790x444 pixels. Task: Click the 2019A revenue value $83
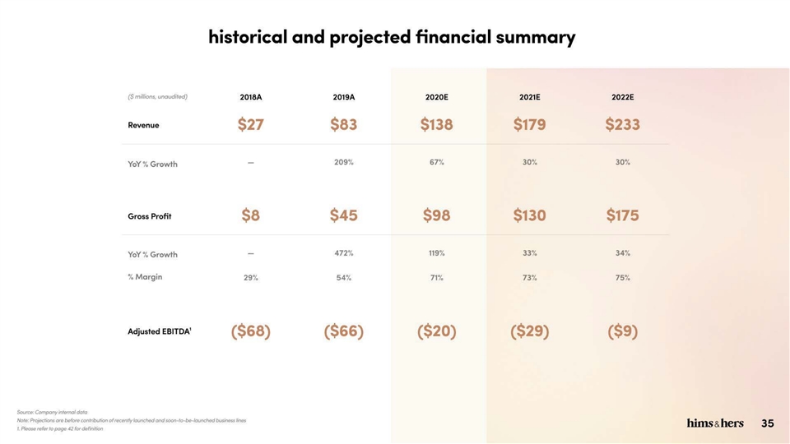(344, 124)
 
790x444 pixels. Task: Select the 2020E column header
(436, 97)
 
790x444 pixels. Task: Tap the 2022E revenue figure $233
(622, 124)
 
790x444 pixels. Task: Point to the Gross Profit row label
(150, 216)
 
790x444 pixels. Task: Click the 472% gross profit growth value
(344, 253)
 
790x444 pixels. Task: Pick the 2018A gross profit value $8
(250, 215)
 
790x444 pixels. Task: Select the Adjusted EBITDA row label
(159, 331)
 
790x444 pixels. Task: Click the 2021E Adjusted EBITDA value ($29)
(529, 331)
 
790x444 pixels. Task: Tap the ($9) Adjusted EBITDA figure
(623, 331)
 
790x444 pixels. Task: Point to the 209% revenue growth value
(344, 162)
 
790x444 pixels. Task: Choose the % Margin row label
(145, 277)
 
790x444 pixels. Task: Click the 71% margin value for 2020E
(436, 278)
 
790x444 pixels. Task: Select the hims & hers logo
(715, 423)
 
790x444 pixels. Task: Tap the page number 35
(767, 423)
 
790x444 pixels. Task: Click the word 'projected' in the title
(370, 37)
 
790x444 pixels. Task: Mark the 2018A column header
(251, 97)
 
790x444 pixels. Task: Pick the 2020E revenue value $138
(436, 124)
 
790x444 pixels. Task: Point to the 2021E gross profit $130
(529, 215)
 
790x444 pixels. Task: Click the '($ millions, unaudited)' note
(158, 97)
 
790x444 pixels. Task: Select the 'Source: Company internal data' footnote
(53, 412)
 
